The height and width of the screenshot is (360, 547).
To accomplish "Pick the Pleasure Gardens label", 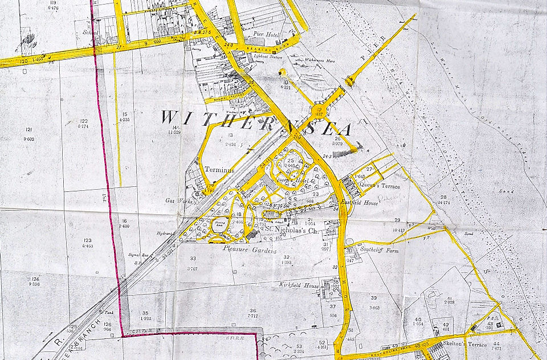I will pos(250,250).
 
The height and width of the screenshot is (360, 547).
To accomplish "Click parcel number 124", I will pos(35,280).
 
